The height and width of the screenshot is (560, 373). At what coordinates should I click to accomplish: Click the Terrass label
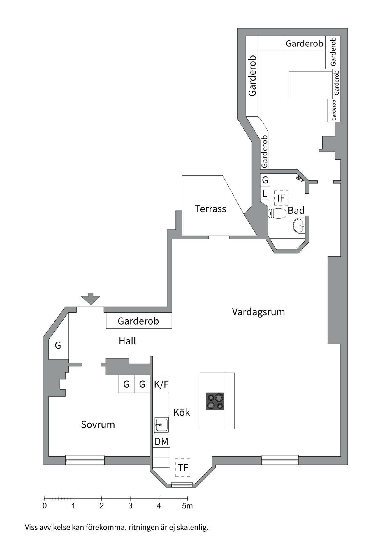click(210, 209)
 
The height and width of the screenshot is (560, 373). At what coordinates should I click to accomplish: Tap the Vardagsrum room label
click(258, 312)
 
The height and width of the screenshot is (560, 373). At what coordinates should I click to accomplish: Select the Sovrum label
click(98, 425)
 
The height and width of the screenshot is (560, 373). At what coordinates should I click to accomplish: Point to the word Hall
click(127, 341)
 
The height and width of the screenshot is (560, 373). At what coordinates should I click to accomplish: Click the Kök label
click(182, 412)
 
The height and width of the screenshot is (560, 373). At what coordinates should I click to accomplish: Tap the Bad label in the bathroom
click(296, 210)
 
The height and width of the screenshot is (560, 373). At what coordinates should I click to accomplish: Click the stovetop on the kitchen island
click(215, 401)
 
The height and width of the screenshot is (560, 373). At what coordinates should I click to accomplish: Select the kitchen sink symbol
click(161, 425)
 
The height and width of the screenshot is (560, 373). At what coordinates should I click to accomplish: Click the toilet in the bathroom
click(277, 213)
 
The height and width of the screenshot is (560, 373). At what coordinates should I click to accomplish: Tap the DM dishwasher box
click(161, 442)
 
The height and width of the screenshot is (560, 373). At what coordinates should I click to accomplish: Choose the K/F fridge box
click(161, 384)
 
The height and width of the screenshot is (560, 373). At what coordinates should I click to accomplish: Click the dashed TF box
click(183, 468)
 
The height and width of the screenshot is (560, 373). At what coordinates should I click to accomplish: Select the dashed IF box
click(281, 198)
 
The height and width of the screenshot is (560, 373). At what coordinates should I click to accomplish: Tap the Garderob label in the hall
click(138, 321)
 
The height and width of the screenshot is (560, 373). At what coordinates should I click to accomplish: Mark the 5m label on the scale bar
click(188, 505)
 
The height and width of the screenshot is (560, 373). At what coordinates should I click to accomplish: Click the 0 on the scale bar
click(45, 506)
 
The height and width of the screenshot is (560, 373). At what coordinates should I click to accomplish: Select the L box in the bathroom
click(265, 193)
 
